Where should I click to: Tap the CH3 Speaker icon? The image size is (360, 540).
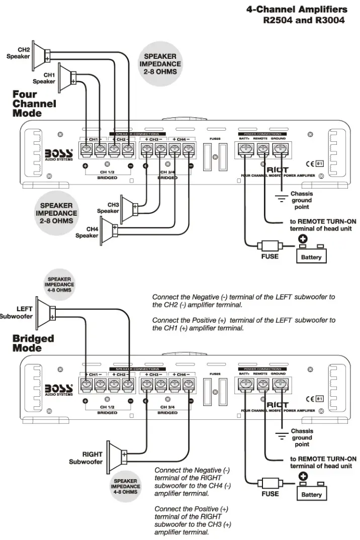(129, 207)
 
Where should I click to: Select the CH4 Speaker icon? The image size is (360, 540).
(109, 232)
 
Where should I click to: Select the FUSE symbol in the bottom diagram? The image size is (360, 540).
(269, 483)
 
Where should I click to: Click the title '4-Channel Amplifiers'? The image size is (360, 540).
(297, 10)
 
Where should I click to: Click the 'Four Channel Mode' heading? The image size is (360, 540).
(34, 104)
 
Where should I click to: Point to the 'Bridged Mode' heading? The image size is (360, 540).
(33, 343)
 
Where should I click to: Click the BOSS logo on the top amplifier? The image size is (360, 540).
(59, 153)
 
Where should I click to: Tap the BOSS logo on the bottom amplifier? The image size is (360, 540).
(59, 389)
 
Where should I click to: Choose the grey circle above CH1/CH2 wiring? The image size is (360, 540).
(160, 64)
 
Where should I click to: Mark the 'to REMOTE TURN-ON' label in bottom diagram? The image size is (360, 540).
(323, 459)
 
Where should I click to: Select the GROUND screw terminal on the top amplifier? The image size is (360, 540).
(279, 149)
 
